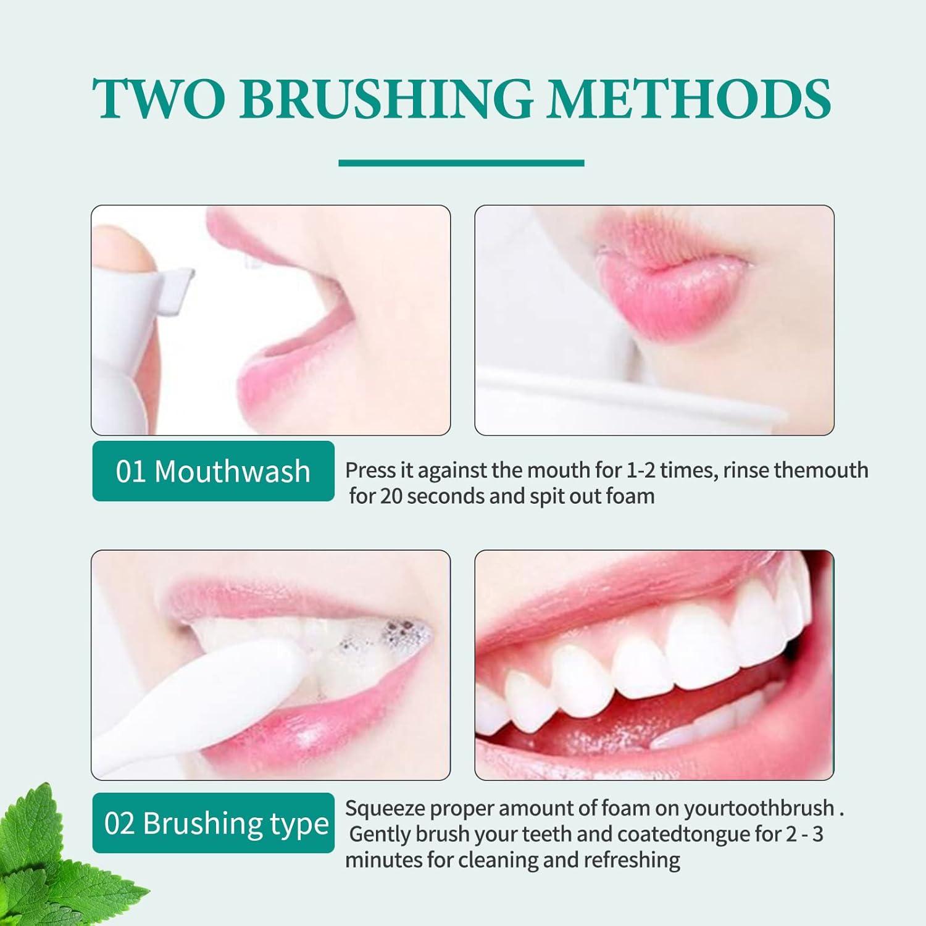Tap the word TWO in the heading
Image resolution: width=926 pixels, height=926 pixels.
(x=159, y=99)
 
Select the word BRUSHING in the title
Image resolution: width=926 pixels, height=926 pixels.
(x=386, y=99)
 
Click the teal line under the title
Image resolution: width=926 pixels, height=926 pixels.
(x=461, y=163)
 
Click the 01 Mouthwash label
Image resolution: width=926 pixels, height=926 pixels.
(x=213, y=471)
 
